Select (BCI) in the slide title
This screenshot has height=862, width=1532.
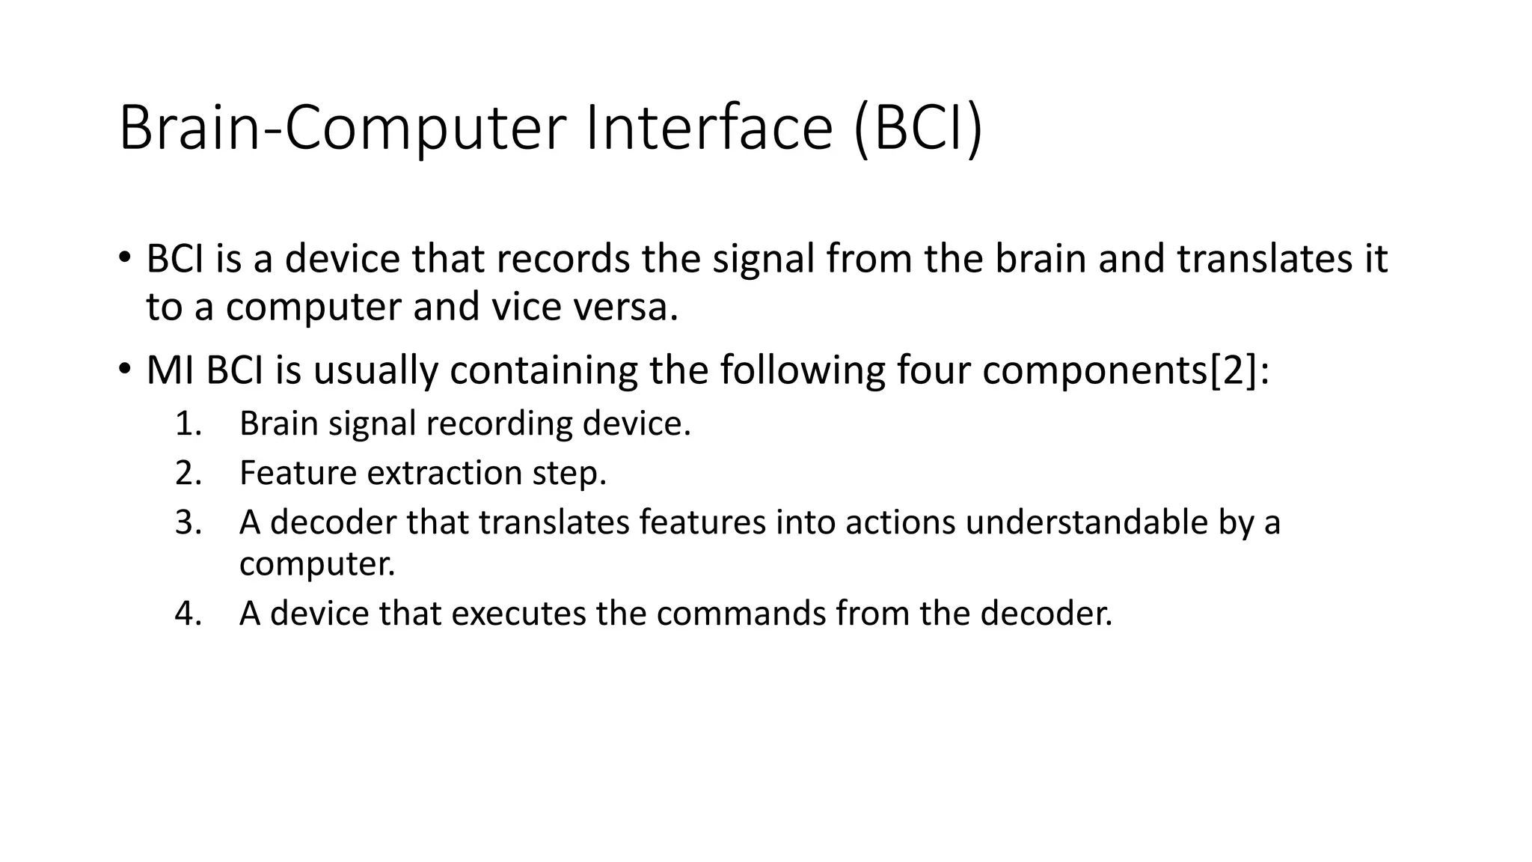click(918, 129)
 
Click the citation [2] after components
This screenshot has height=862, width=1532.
click(1234, 370)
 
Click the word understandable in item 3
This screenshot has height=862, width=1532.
click(1086, 522)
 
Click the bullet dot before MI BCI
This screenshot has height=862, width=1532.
click(124, 369)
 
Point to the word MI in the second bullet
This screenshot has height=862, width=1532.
click(171, 370)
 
